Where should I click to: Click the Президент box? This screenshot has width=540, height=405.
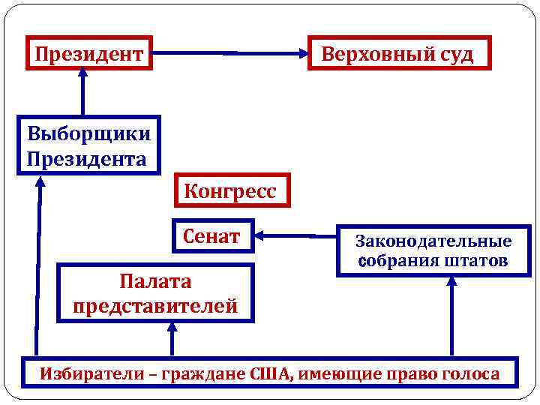click(x=88, y=53)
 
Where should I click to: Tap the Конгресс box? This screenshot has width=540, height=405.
click(x=229, y=191)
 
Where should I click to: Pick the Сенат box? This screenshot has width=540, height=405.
click(x=212, y=236)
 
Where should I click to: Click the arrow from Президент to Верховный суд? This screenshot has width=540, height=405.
click(x=231, y=53)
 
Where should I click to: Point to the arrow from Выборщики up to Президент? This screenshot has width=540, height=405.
click(x=82, y=93)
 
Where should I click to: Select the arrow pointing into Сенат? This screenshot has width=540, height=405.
click(x=296, y=236)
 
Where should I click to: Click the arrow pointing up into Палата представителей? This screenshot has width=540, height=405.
click(x=172, y=338)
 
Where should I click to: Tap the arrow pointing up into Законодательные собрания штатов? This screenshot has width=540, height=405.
click(x=451, y=316)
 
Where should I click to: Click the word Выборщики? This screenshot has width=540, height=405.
click(x=88, y=135)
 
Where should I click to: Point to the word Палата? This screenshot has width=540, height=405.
click(x=155, y=282)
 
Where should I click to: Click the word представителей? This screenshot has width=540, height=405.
click(x=155, y=306)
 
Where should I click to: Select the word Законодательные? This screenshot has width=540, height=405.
click(x=433, y=241)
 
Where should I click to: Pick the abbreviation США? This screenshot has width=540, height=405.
click(x=276, y=373)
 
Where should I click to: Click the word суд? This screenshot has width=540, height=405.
click(x=457, y=54)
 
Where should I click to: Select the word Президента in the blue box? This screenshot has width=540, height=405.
click(x=86, y=159)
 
